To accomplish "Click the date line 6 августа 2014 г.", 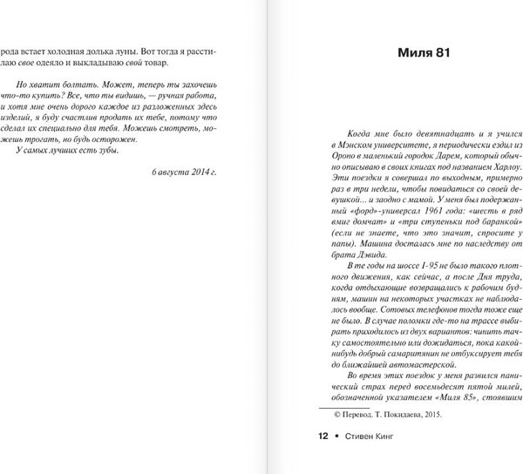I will (x=181, y=173).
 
